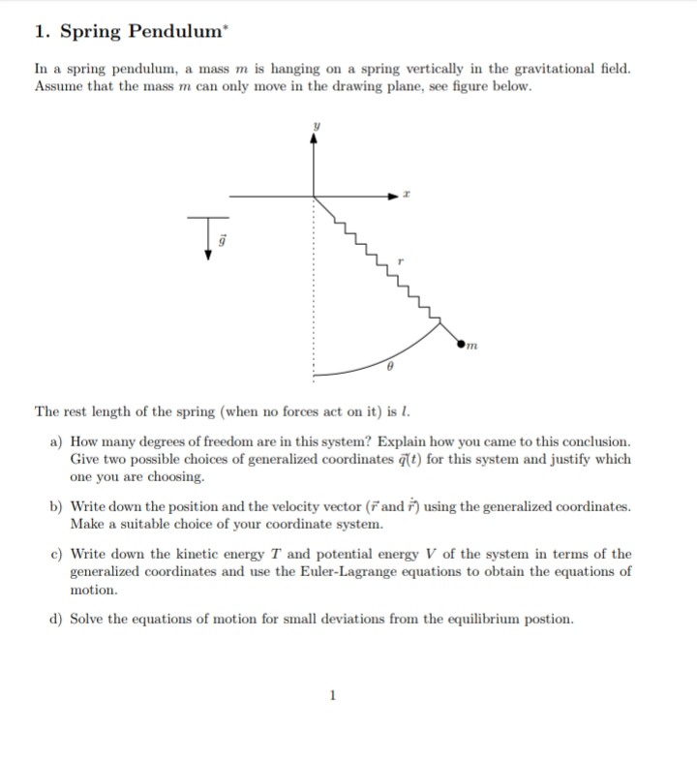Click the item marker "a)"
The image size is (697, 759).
click(x=57, y=441)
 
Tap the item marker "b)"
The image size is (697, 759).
click(x=57, y=507)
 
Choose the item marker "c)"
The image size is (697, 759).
click(x=57, y=555)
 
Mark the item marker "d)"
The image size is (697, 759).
click(x=57, y=620)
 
